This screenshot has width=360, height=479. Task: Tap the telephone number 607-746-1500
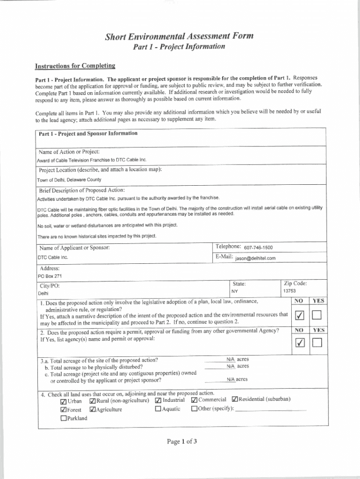point(258,247)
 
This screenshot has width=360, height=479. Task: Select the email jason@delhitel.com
point(252,258)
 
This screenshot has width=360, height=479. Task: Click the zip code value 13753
point(289,291)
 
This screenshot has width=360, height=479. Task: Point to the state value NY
point(235,291)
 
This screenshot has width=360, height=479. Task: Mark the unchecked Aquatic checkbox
point(158,409)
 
